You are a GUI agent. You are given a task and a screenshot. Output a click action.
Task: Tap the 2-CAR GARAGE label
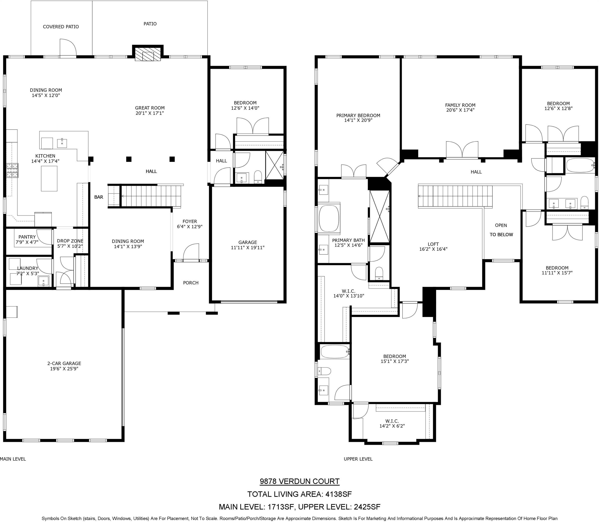tap(64, 363)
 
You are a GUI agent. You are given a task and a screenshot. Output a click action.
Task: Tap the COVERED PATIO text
tap(61, 27)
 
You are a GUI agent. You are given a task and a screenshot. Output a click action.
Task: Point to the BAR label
tap(99, 197)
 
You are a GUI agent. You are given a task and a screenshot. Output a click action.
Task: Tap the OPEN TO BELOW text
tap(501, 230)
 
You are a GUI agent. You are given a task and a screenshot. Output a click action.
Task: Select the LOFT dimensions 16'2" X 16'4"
tap(433, 249)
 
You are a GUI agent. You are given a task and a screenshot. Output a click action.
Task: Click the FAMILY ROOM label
tap(460, 105)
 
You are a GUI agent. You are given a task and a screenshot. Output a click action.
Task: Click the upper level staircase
tap(455, 196)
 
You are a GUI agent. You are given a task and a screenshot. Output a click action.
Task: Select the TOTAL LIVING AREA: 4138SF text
tap(299, 494)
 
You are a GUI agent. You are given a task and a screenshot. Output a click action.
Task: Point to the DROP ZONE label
tap(70, 241)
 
